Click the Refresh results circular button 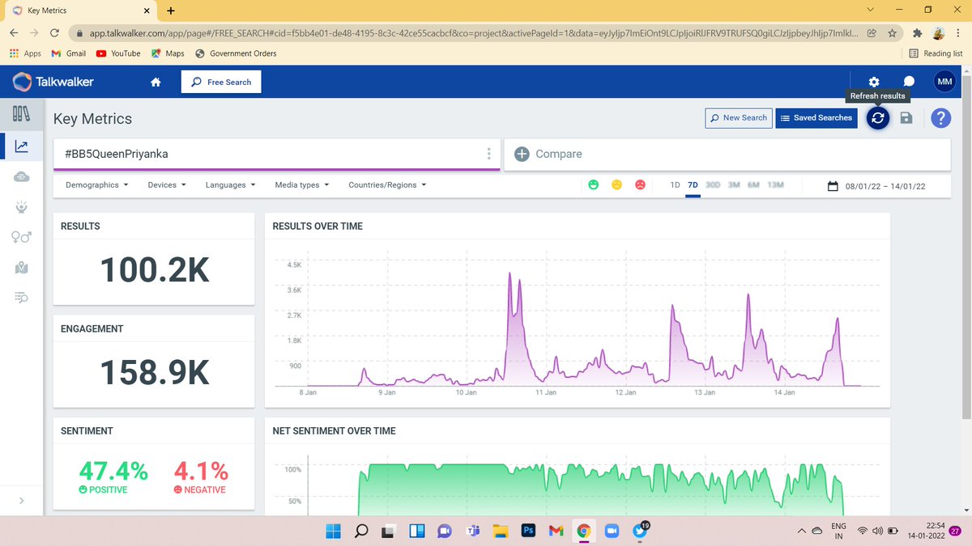(877, 118)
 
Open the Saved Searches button (816, 118)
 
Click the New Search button (739, 118)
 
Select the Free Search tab (221, 82)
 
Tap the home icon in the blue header (156, 82)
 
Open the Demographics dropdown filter (96, 185)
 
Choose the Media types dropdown (302, 185)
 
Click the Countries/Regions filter (387, 185)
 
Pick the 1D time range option (675, 185)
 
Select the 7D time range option (693, 185)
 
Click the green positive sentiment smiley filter (593, 184)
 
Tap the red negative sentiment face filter (640, 184)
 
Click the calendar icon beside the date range (833, 186)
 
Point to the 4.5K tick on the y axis (294, 265)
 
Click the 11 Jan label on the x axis (546, 392)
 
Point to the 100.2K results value (155, 269)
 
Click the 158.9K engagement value (155, 372)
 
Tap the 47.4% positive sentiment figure (113, 471)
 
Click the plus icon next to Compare (522, 154)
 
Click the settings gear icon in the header (874, 82)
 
